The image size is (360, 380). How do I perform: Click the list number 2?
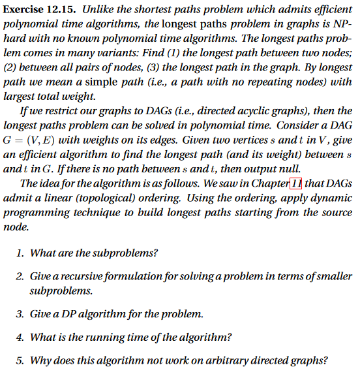click(20, 277)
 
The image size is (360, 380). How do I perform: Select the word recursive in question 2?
click(78, 277)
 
